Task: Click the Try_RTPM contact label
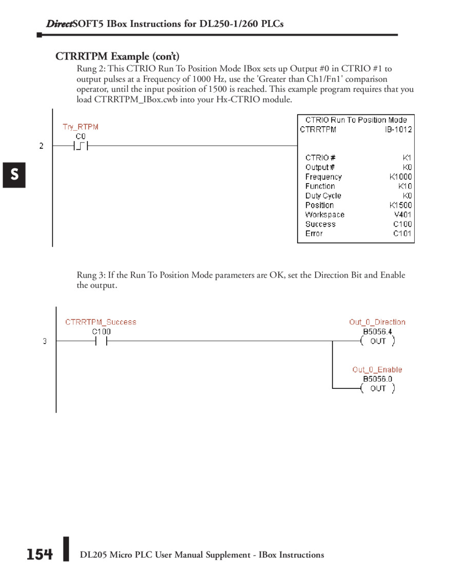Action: pos(80,127)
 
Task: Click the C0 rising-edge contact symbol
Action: pos(81,146)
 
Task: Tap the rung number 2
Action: pos(42,146)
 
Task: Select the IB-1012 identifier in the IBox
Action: pos(398,130)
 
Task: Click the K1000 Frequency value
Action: pos(400,177)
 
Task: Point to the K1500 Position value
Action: pos(400,205)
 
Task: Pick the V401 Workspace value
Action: pos(402,215)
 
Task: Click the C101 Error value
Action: pos(402,234)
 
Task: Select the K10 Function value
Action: pos(405,186)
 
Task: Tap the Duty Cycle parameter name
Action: pos(323,196)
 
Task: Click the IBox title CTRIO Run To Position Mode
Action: pos(356,120)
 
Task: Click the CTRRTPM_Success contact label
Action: pos(101,322)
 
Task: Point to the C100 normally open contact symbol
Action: pos(101,341)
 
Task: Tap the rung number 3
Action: pos(45,341)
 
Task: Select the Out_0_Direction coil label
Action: pos(377,322)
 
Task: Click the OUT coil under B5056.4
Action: pos(378,341)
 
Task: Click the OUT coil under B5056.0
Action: pos(378,388)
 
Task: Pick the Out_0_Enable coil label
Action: pos(377,369)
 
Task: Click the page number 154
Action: pos(40,555)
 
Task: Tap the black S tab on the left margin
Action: pos(14,175)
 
